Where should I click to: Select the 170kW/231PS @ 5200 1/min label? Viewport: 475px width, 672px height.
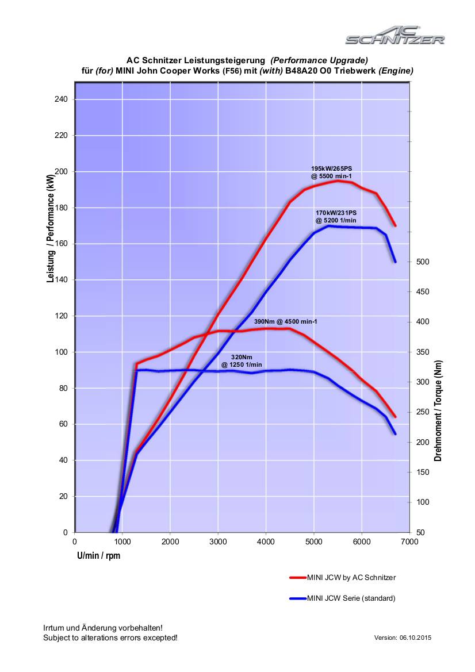point(336,216)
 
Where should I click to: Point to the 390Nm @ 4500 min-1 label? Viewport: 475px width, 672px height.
point(286,321)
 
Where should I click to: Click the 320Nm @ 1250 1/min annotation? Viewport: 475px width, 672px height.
point(242,361)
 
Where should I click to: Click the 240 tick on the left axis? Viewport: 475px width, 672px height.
point(61,99)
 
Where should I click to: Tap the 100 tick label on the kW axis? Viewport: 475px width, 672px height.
point(61,352)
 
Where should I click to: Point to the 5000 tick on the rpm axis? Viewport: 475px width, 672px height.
point(313,542)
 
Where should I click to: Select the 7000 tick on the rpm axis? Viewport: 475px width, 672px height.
point(409,542)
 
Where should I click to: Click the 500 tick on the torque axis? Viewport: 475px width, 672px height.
point(423,262)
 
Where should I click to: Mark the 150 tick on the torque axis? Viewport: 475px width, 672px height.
point(423,472)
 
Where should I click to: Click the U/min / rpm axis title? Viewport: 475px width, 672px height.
point(99,556)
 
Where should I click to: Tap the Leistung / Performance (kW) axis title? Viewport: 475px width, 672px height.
point(51,229)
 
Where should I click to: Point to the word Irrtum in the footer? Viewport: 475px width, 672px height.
point(54,628)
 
